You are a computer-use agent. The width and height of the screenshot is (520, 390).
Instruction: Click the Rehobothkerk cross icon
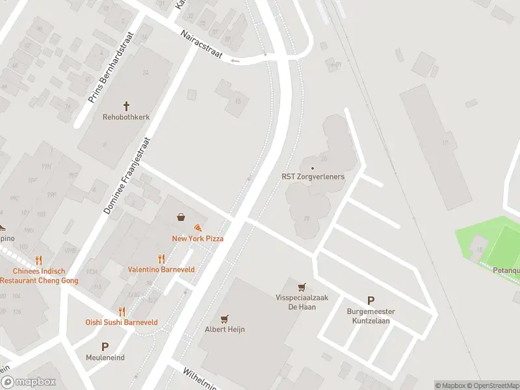click(127, 105)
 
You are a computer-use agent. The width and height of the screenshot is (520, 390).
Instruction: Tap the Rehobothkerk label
click(127, 118)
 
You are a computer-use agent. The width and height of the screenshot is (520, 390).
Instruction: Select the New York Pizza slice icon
click(198, 227)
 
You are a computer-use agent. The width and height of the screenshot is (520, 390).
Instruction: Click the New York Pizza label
click(198, 239)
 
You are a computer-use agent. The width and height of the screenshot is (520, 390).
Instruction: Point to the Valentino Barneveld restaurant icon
click(162, 258)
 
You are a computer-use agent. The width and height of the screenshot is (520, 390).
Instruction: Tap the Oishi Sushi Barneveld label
click(122, 322)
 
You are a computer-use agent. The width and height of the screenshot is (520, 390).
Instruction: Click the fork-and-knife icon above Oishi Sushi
click(122, 311)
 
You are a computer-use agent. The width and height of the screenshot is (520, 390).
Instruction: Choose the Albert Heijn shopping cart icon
click(224, 318)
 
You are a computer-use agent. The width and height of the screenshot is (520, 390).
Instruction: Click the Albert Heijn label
click(224, 330)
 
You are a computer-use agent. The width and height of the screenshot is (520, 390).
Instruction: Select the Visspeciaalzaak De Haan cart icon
click(302, 287)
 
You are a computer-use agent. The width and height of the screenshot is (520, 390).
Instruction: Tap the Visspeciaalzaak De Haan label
click(302, 302)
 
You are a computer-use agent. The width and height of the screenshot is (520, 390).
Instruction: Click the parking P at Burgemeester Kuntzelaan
click(370, 300)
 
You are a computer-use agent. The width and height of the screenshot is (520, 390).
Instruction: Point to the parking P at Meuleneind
click(105, 346)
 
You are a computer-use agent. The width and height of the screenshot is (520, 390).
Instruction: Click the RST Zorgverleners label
click(313, 176)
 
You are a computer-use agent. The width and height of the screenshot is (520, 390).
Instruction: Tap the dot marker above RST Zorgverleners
click(313, 168)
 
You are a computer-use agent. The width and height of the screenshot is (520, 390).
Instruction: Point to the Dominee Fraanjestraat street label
click(127, 175)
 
